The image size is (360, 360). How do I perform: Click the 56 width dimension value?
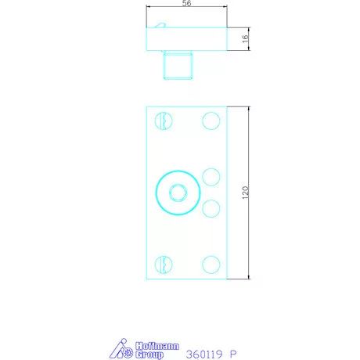point(186,3)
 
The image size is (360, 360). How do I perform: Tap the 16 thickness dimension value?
point(245,38)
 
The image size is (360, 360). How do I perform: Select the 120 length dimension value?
point(246,193)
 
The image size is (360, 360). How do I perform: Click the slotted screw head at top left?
point(164,121)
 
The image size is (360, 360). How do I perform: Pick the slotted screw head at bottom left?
point(164,265)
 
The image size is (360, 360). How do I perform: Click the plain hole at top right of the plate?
point(211,121)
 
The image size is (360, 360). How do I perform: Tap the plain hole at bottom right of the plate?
point(211,265)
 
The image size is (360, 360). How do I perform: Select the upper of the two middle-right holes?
point(211,177)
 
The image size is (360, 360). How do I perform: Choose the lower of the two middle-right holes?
point(211,208)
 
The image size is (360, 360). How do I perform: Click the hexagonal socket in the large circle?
point(178,193)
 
